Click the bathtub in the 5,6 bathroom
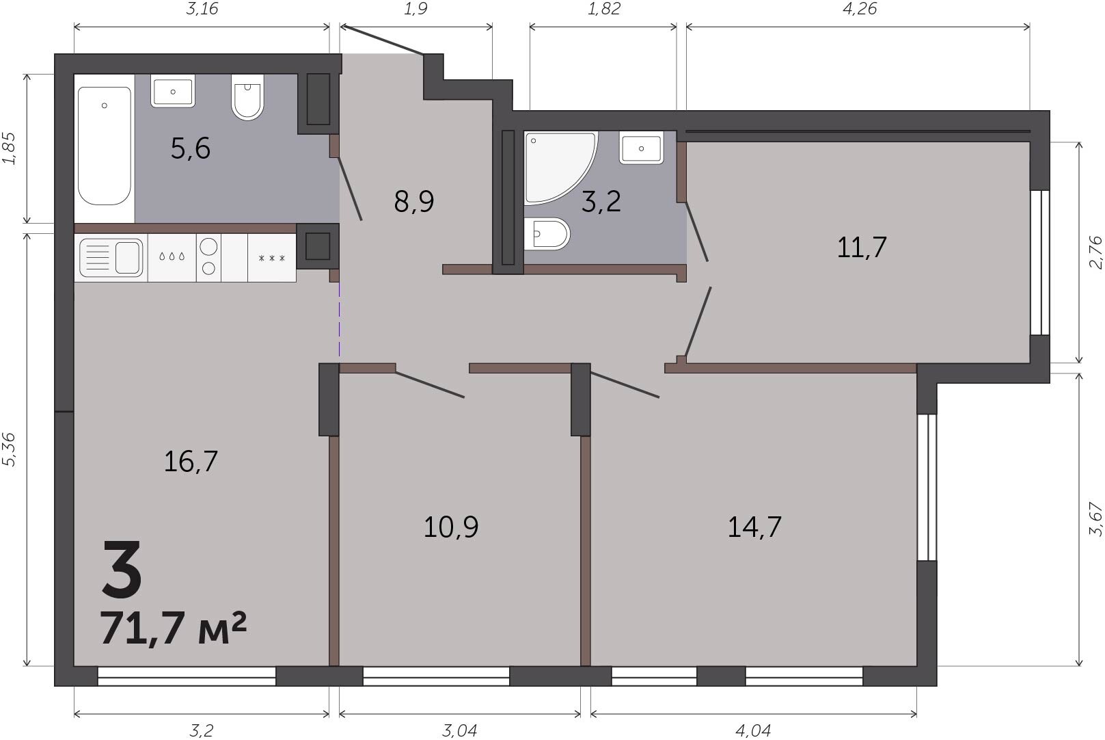(x=104, y=146)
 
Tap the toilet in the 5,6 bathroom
(x=247, y=97)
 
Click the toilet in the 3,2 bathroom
(x=547, y=234)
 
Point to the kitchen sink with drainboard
(x=111, y=257)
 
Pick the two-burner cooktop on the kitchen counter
(x=208, y=257)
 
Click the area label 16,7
(x=191, y=462)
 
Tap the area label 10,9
(x=451, y=527)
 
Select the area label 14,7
(x=754, y=527)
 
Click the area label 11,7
(x=862, y=248)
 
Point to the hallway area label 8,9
(x=414, y=202)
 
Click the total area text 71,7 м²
(x=173, y=629)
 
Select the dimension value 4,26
(x=860, y=9)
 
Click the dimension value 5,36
(x=10, y=449)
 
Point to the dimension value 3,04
(x=459, y=730)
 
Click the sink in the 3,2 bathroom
(x=641, y=148)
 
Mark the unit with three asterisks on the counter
(x=272, y=258)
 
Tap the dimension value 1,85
(x=10, y=148)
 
